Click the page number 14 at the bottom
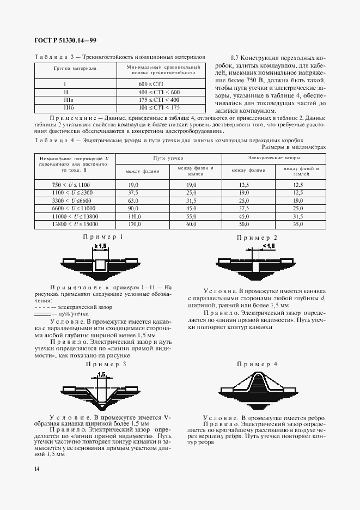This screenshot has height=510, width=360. click(36, 469)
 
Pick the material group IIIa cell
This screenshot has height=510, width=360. click(65, 100)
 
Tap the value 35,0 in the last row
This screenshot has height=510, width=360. click(297, 224)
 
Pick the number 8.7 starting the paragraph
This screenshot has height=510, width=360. click(235, 57)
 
